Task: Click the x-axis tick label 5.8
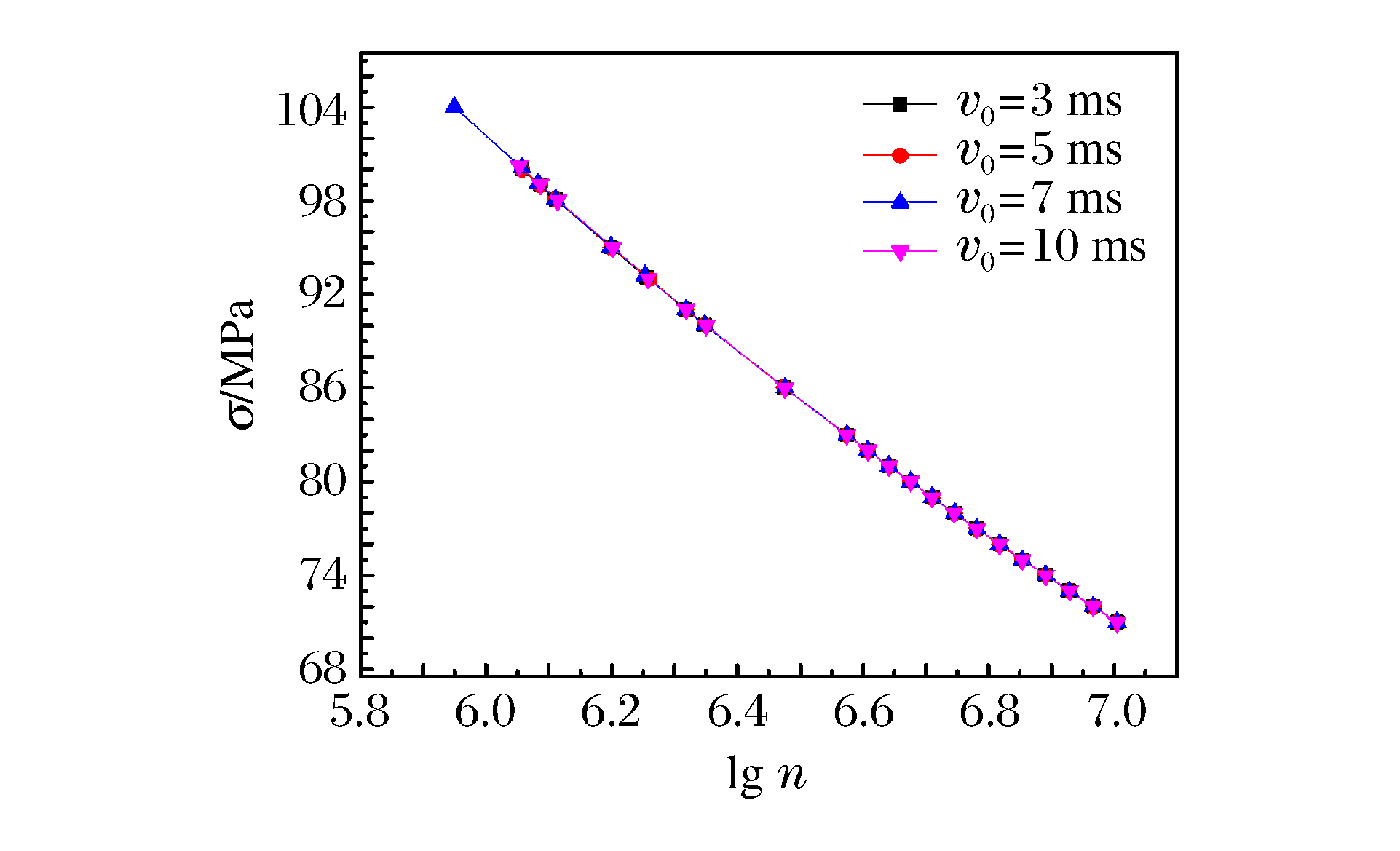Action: [x=360, y=713]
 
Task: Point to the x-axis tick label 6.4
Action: [x=737, y=713]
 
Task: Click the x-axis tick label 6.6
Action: [x=863, y=713]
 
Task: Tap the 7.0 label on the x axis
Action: [x=1115, y=713]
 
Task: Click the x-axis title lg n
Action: [x=766, y=775]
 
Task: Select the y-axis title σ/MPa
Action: [x=241, y=364]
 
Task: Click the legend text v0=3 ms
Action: [x=1039, y=103]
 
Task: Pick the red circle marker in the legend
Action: [x=900, y=155]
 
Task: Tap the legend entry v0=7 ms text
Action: [x=1039, y=199]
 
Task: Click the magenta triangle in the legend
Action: [x=900, y=253]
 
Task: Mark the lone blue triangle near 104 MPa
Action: [x=454, y=106]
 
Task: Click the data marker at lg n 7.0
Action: [x=1117, y=623]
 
